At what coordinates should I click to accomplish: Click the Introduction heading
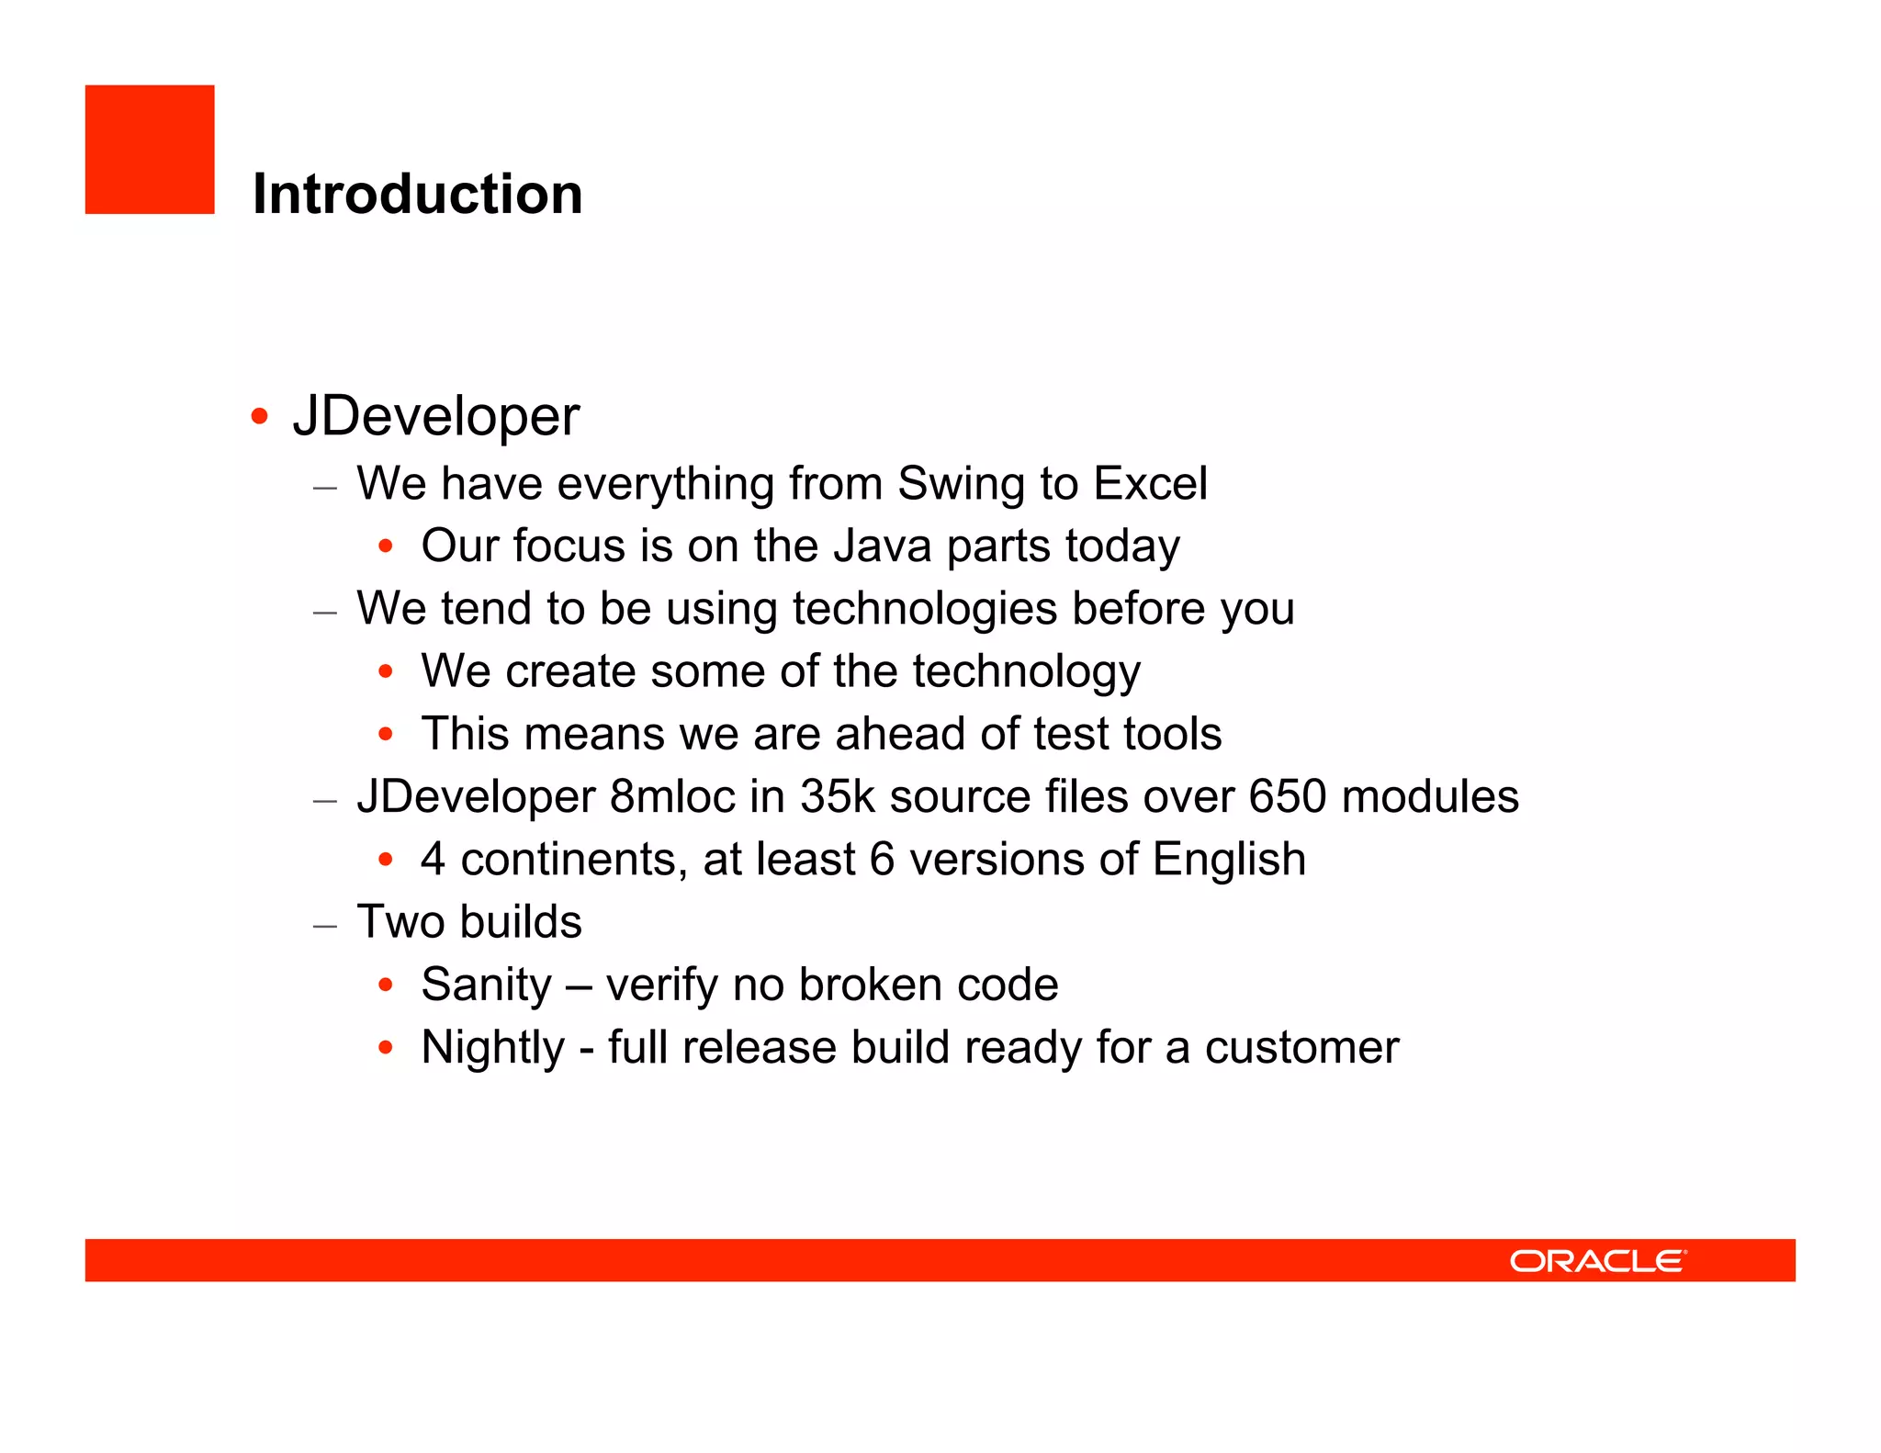tap(417, 194)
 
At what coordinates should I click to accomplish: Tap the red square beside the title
tap(150, 150)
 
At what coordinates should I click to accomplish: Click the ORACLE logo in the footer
tap(1597, 1261)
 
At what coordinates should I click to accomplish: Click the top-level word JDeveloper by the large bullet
tap(436, 416)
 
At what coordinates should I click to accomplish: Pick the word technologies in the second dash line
tap(924, 609)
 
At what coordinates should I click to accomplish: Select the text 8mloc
tap(672, 796)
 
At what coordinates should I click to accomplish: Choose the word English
tap(1229, 861)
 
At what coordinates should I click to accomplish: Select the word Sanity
tap(486, 986)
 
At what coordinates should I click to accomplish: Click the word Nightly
tap(492, 1048)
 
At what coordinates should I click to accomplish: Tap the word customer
tap(1301, 1048)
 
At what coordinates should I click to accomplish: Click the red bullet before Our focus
tap(386, 546)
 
